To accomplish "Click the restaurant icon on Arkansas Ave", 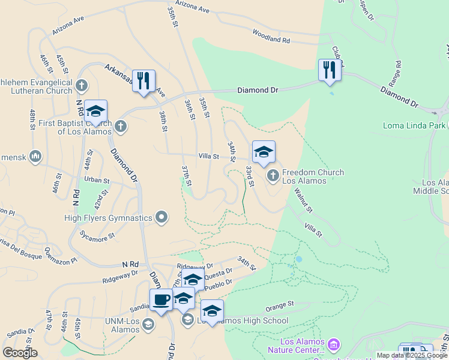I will [x=143, y=81].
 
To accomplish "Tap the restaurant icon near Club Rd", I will [x=330, y=70].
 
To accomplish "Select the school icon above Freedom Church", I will [x=264, y=152].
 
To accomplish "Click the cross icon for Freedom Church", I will [x=273, y=176].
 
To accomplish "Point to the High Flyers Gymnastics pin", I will [x=161, y=217].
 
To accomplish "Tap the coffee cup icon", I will [x=161, y=300].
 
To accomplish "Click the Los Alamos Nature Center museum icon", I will [x=334, y=345].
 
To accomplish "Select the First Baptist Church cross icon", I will [x=121, y=125].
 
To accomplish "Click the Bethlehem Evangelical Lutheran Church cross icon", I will [x=82, y=85].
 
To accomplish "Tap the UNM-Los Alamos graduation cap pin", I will [x=148, y=325].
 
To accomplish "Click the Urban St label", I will [x=97, y=179].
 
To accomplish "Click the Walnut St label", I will [x=303, y=200].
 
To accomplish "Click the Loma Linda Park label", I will [x=414, y=125].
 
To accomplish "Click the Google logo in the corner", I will [x=20, y=353].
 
